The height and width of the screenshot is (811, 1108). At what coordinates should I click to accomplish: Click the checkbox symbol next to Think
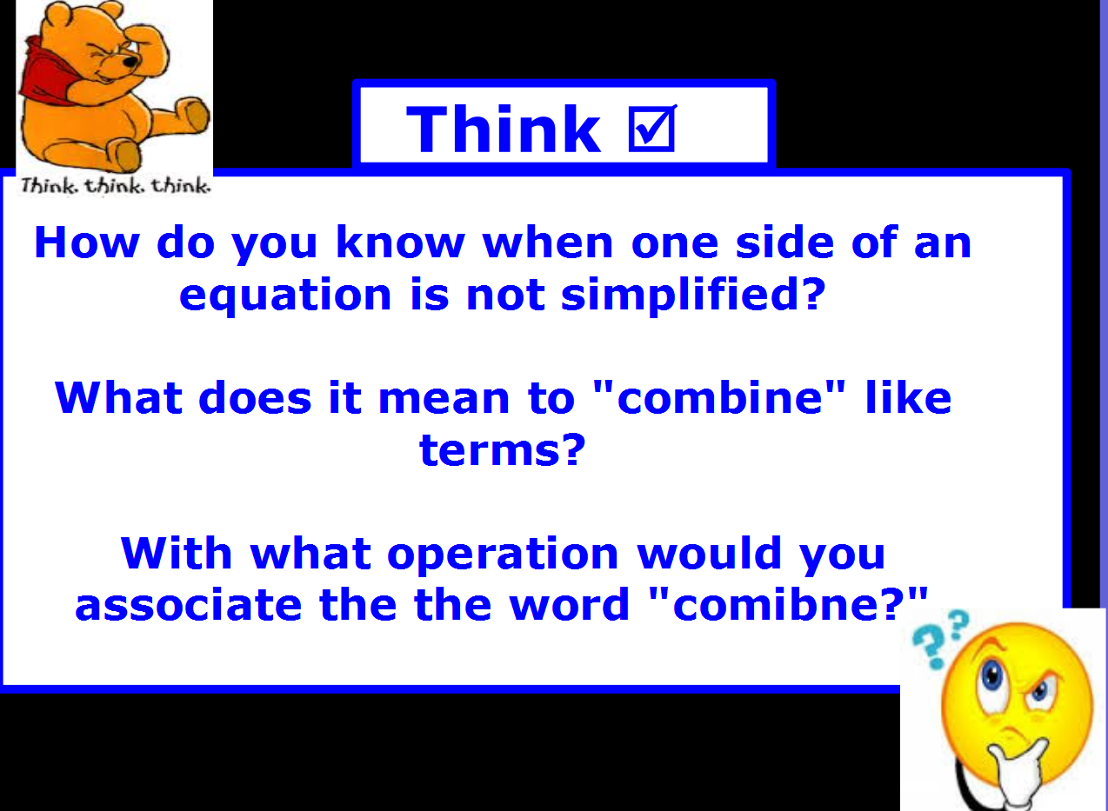[x=652, y=128]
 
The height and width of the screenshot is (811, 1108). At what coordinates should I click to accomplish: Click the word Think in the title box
[x=504, y=129]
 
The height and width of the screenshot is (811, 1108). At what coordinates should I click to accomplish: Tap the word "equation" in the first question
[x=285, y=296]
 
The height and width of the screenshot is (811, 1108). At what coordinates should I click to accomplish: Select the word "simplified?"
[x=693, y=295]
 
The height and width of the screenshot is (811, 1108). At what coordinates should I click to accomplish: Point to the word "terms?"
[x=502, y=450]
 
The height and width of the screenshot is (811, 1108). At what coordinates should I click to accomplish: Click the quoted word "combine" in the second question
[x=719, y=397]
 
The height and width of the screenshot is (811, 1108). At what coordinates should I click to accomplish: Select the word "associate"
[x=189, y=605]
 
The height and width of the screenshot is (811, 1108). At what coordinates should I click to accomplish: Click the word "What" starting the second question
[x=118, y=397]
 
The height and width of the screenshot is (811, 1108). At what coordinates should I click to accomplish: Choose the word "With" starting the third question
[x=177, y=553]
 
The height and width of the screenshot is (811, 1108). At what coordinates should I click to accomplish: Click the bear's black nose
[x=130, y=62]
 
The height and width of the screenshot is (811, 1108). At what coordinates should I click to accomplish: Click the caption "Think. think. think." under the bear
[x=116, y=186]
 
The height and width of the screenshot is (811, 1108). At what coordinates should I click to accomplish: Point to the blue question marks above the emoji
[x=940, y=639]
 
